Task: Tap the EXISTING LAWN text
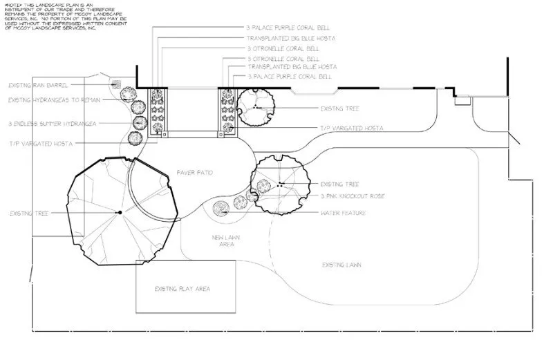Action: coord(342,265)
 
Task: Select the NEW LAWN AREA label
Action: coord(225,240)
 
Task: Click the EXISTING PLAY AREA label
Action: coord(182,288)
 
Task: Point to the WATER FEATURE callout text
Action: coord(344,214)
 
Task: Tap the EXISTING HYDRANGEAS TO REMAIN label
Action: coord(55,100)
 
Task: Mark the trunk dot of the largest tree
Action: coord(120,211)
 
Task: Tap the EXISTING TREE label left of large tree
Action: coord(27,214)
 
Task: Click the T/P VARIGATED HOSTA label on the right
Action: coord(351,128)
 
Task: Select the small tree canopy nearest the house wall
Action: coord(256,107)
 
